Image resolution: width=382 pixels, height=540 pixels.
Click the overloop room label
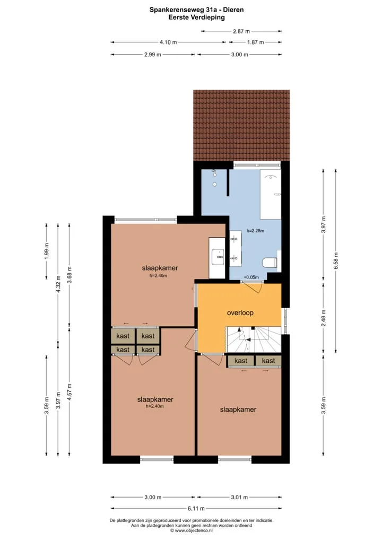(240, 313)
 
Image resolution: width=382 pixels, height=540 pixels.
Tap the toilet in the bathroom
(270, 263)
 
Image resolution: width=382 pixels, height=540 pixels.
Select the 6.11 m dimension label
(196, 508)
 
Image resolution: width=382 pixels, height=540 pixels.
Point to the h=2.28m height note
(255, 231)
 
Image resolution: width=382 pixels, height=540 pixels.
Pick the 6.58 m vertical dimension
(336, 261)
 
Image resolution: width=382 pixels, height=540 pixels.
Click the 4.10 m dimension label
(168, 42)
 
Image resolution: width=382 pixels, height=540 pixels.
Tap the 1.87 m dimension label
(256, 42)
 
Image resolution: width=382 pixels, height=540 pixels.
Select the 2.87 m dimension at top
(241, 31)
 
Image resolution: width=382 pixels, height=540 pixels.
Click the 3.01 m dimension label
(239, 497)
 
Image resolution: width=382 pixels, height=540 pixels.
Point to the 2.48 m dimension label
(323, 318)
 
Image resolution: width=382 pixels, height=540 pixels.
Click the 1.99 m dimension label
(47, 251)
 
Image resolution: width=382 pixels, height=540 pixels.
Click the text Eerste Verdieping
(196, 17)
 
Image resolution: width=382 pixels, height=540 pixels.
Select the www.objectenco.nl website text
(194, 530)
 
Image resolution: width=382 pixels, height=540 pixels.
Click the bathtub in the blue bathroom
(271, 194)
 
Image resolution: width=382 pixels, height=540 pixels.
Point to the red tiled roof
(241, 125)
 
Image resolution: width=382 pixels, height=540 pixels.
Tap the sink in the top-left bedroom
(217, 258)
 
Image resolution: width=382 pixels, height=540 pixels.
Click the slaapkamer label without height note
(238, 410)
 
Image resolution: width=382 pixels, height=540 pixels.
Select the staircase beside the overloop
(254, 339)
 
